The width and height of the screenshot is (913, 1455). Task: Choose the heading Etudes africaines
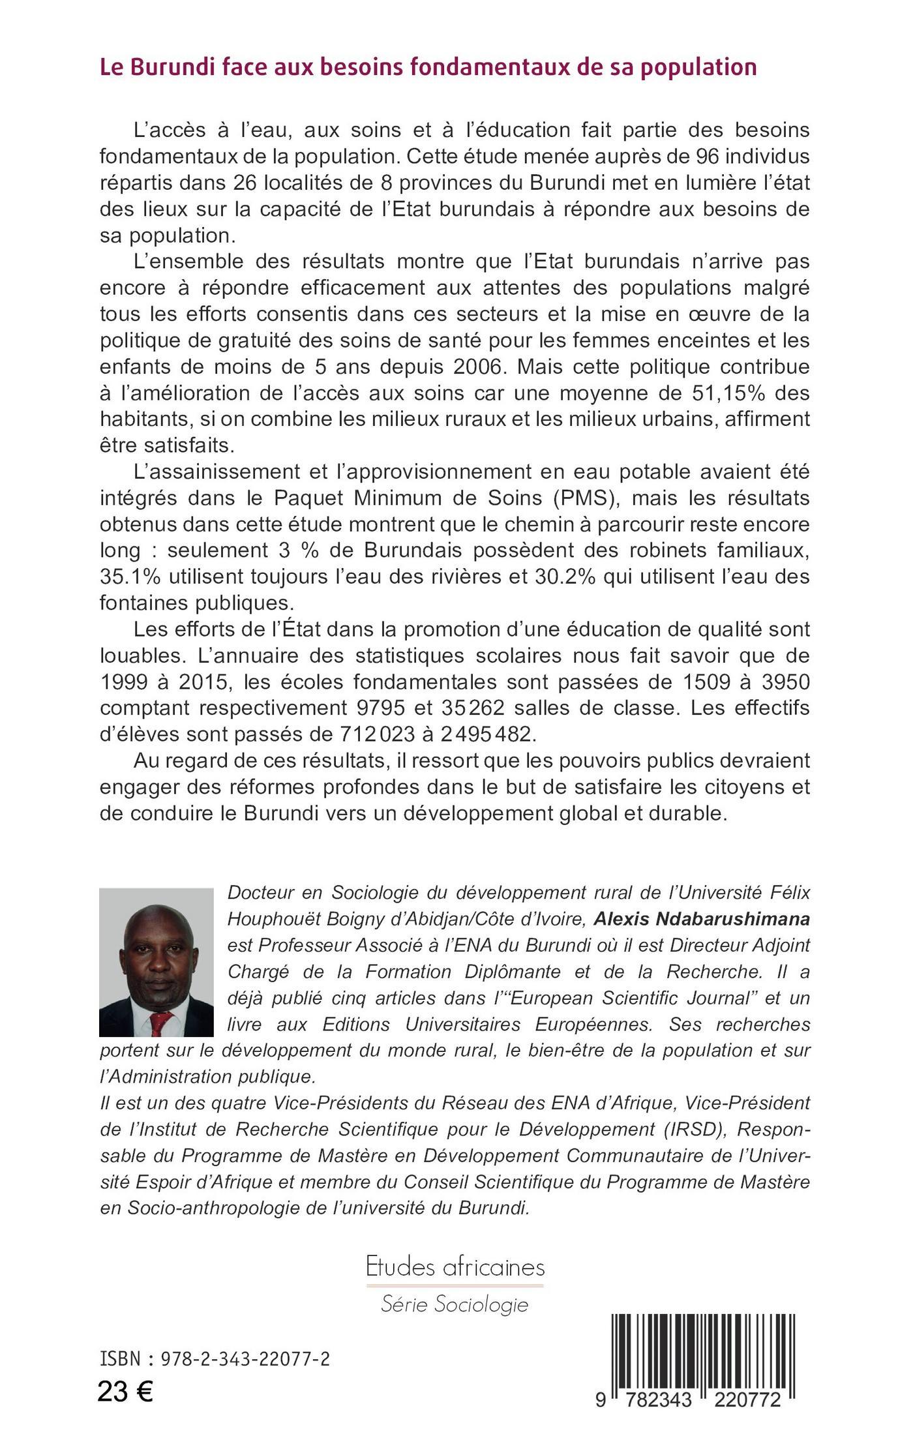coord(455,1267)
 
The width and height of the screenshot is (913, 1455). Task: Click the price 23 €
coord(125,1392)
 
